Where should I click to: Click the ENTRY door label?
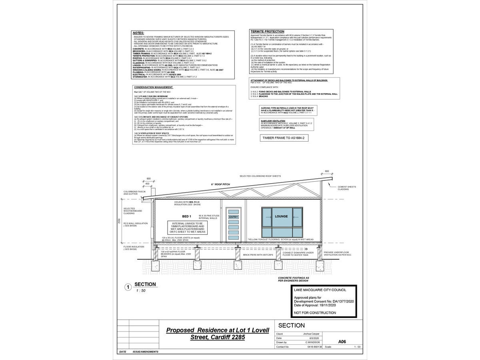(x=233, y=217)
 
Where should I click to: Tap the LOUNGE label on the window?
(x=281, y=216)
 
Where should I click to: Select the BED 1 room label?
(x=187, y=216)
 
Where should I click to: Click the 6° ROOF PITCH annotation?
(x=221, y=184)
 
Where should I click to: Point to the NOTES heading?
(x=139, y=33)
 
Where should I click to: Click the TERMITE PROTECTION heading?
(x=267, y=31)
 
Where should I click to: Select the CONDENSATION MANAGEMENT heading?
(x=153, y=87)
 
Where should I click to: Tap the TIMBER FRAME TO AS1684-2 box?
(x=284, y=138)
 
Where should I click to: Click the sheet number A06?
(x=342, y=342)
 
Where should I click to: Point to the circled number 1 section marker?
(x=128, y=287)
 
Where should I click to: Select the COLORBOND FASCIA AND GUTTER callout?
(x=133, y=193)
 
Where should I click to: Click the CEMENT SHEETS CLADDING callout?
(x=346, y=188)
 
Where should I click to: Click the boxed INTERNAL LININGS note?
(x=188, y=228)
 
